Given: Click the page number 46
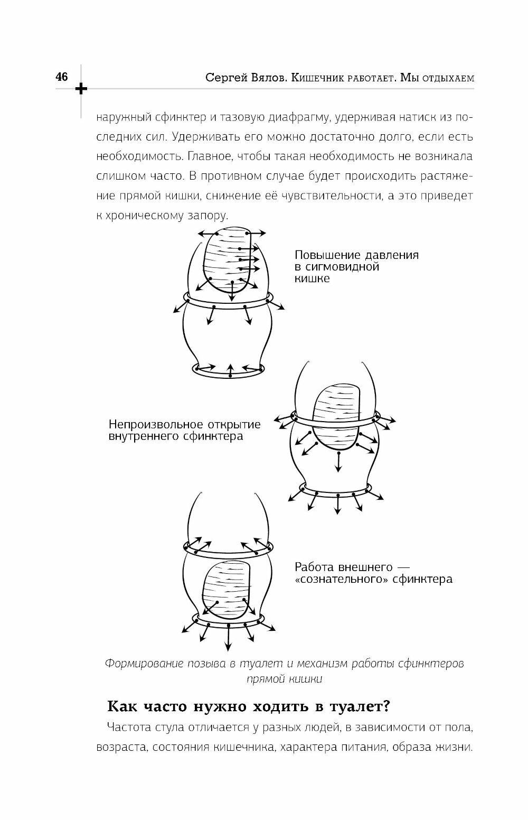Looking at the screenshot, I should click(61, 77).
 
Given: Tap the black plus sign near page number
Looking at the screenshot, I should click(81, 88).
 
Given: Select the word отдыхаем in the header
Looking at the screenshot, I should click(445, 78).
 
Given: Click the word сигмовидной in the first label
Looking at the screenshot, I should click(337, 267).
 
